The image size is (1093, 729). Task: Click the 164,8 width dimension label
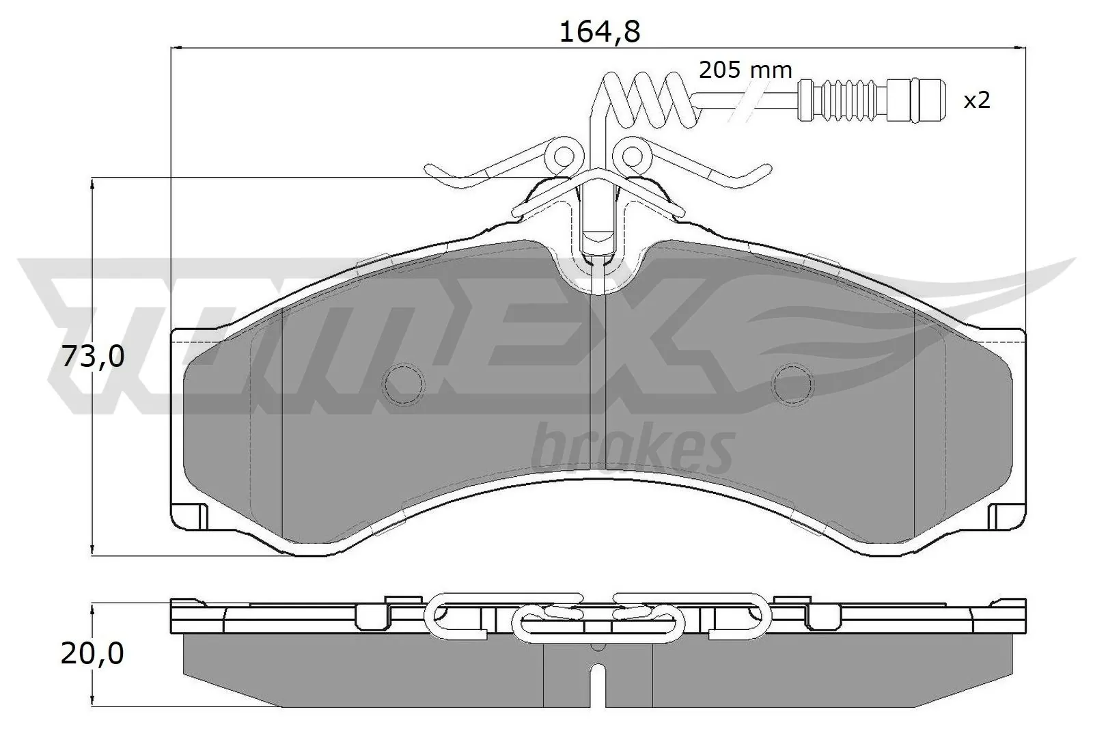pyautogui.click(x=599, y=31)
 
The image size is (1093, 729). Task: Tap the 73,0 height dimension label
pyautogui.click(x=94, y=357)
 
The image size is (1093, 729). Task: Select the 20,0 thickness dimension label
pyautogui.click(x=92, y=654)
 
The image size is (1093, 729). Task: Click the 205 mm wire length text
pyautogui.click(x=745, y=70)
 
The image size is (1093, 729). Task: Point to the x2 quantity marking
pyautogui.click(x=976, y=101)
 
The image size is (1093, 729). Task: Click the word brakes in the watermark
pyautogui.click(x=632, y=448)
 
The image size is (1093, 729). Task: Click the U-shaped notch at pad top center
pyautogui.click(x=598, y=273)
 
